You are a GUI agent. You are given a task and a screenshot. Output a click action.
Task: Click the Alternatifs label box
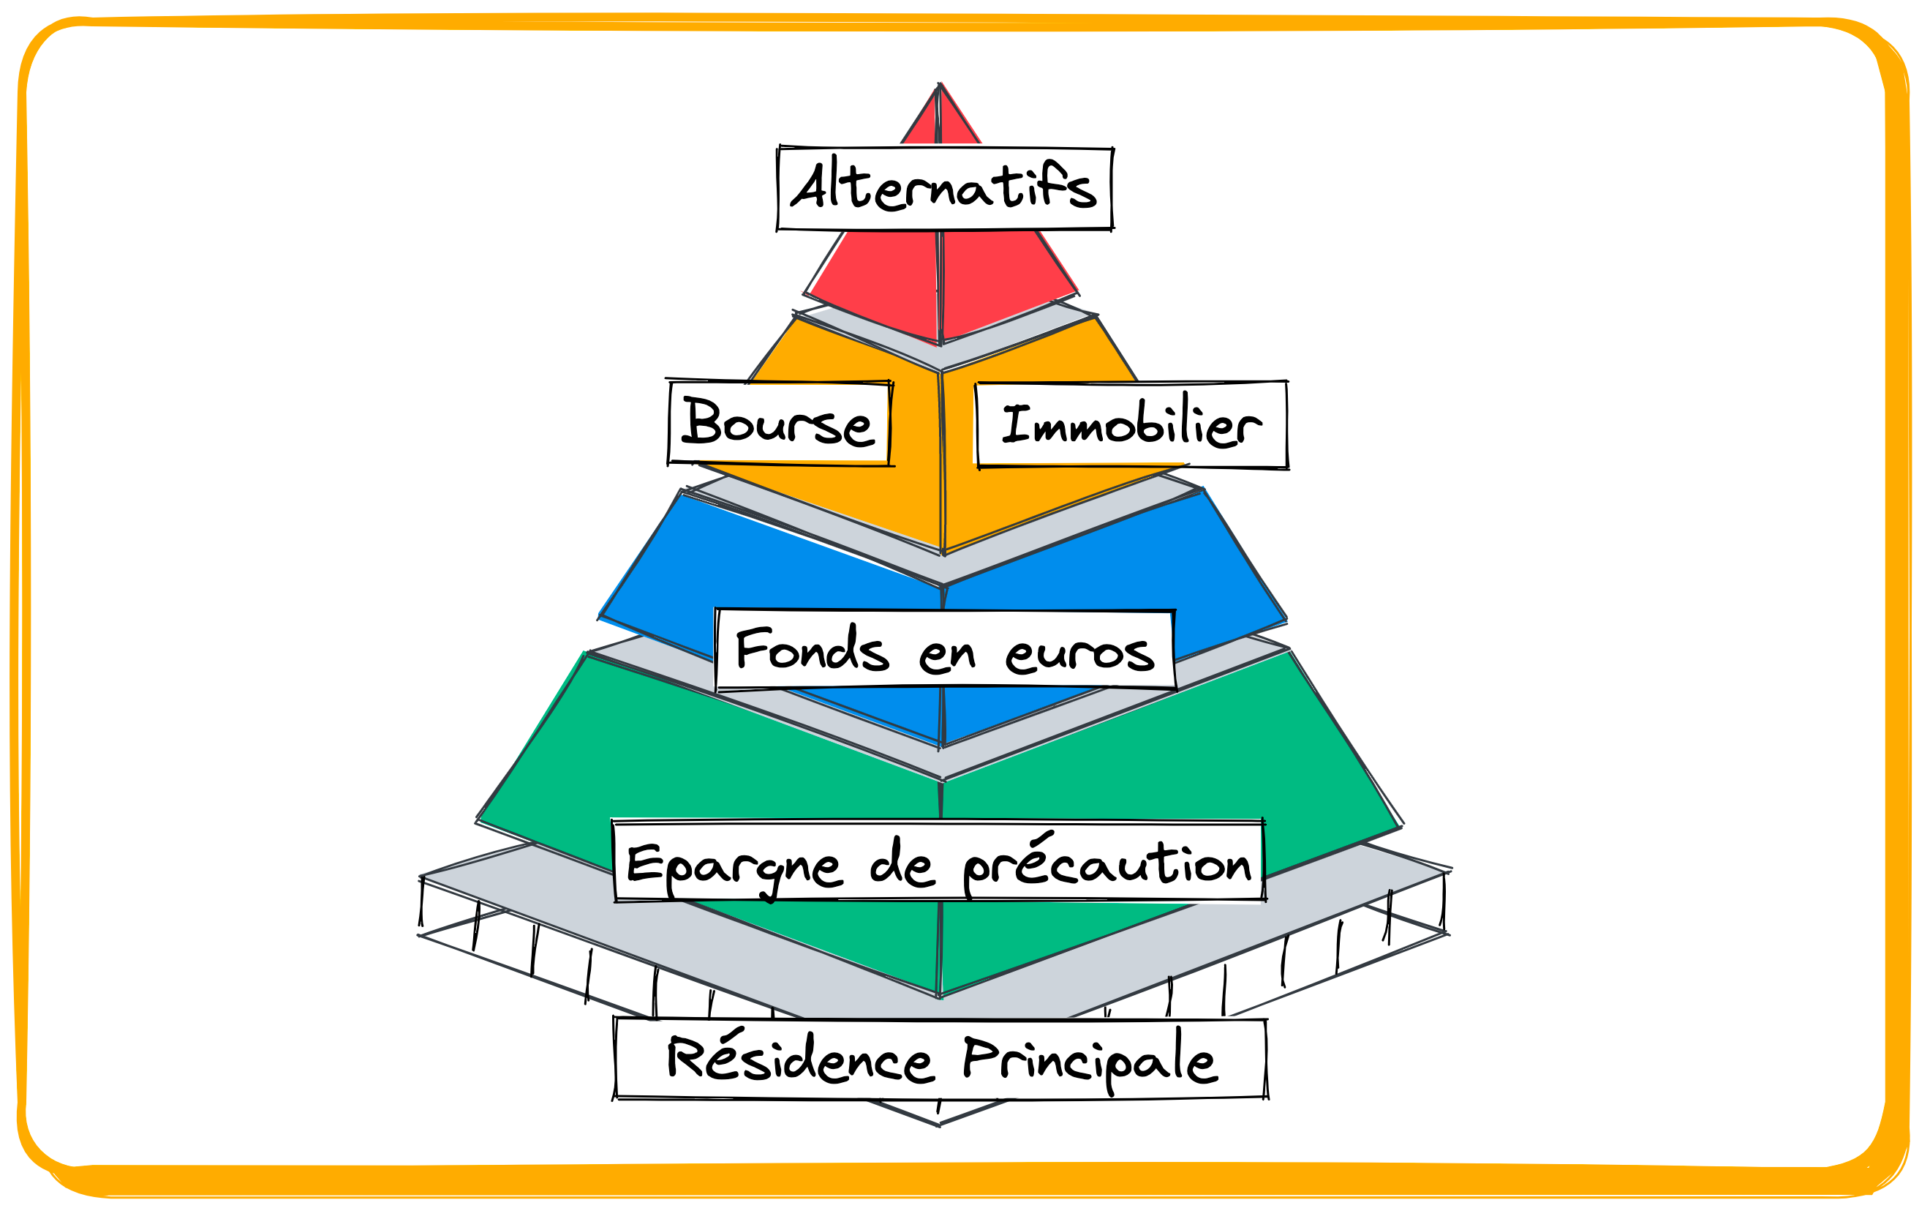tap(945, 189)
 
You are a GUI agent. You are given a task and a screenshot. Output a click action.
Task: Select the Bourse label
tap(779, 423)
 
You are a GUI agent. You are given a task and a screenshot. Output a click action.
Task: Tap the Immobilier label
tap(1131, 425)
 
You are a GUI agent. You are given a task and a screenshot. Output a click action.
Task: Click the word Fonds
tap(812, 649)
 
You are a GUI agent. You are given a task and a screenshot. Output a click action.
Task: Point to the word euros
tap(1079, 653)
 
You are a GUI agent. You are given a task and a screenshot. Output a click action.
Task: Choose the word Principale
tap(1089, 1060)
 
